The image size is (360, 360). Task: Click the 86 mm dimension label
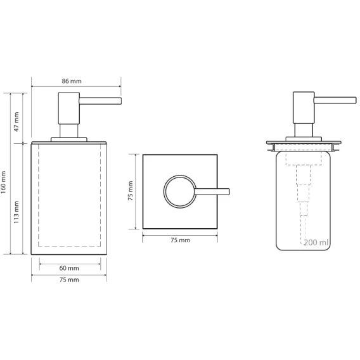[72, 81]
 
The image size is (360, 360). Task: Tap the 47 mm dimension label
[16, 122]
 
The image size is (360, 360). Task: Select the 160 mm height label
[3, 183]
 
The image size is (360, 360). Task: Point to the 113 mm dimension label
[16, 212]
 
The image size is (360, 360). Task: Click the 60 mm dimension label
[69, 268]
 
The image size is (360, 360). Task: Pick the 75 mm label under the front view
[69, 280]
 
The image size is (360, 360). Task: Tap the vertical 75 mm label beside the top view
[131, 191]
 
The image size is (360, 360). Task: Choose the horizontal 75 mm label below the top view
[181, 240]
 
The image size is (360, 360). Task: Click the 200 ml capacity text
[316, 243]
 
